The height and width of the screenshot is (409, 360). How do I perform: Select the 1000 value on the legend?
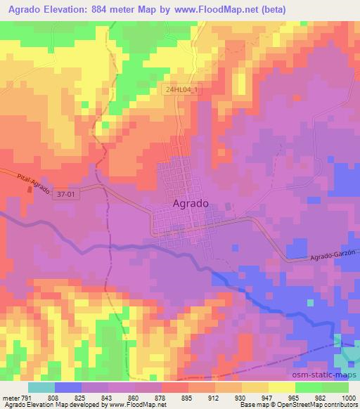(x=347, y=397)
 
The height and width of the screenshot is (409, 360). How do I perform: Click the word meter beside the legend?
(x=11, y=397)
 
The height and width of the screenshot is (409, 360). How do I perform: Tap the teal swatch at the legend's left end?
(x=41, y=387)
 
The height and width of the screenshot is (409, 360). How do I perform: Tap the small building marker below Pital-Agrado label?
(x=29, y=188)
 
